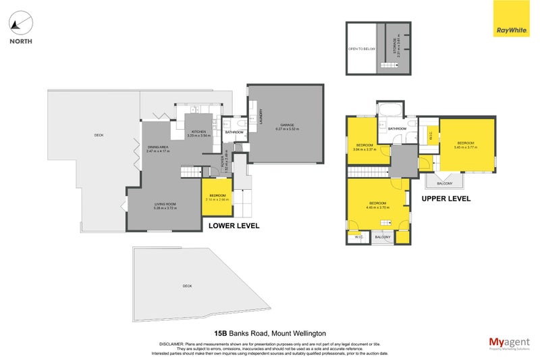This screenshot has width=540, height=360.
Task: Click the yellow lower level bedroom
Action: coord(217,197)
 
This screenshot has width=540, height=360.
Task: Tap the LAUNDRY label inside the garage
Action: coord(259,116)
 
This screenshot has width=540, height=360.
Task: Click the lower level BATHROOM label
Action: coord(234,132)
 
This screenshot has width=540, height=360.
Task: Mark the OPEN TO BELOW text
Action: coord(361,49)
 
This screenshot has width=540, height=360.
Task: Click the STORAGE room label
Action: coord(394,46)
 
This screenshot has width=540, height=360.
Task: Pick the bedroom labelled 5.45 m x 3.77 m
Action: coord(466,145)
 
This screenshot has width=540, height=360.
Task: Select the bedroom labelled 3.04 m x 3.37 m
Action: coord(365,147)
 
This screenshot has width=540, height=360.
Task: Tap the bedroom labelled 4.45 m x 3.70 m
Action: coord(377,205)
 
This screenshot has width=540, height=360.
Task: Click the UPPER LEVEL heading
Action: coord(446,199)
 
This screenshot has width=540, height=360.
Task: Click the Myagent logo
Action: coord(507,343)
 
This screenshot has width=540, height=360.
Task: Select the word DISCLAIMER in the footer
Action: coord(174,344)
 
